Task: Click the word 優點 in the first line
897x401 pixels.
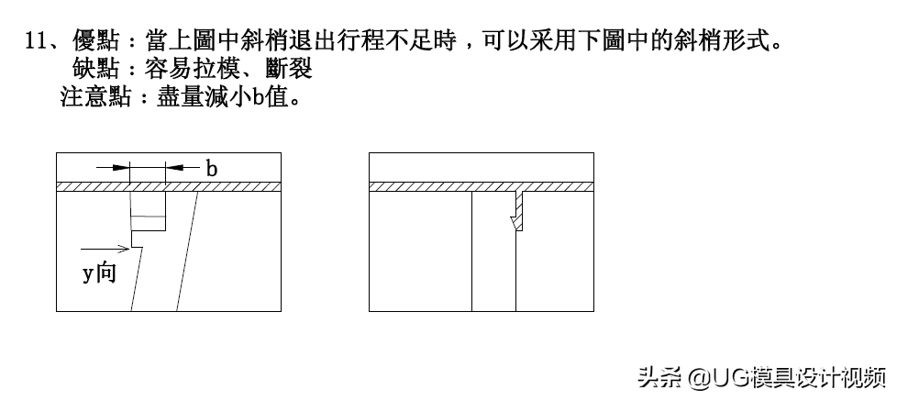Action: (96, 40)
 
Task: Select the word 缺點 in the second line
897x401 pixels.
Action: (96, 69)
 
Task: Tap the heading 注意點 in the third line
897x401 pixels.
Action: (96, 96)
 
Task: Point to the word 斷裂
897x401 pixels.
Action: (289, 69)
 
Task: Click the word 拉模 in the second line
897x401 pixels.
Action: (216, 69)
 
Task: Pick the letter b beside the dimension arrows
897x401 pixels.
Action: (212, 168)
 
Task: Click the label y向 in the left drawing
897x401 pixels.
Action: (100, 273)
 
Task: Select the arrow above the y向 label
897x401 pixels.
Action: (105, 249)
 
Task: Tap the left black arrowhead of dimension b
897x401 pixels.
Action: (121, 168)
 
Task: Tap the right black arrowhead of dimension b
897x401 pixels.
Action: (174, 168)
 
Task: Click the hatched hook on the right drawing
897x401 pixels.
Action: (517, 210)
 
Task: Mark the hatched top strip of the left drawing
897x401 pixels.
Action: (169, 186)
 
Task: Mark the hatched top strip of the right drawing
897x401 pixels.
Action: (482, 186)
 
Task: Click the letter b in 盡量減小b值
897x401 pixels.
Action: (258, 96)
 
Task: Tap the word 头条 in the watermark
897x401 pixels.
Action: (660, 377)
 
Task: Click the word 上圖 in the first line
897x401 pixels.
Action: (193, 40)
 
